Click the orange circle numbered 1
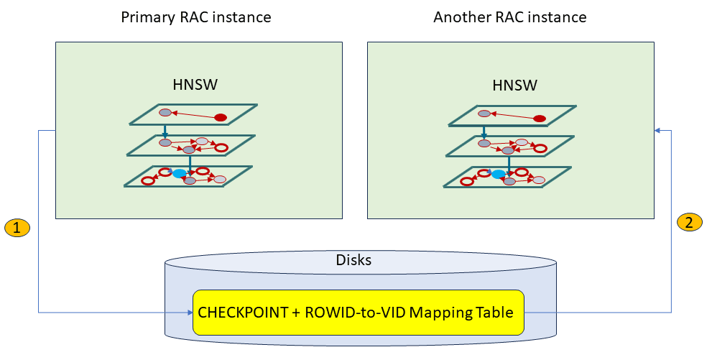pyautogui.click(x=17, y=229)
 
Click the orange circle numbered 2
pyautogui.click(x=689, y=223)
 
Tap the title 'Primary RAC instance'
pyautogui.click(x=195, y=17)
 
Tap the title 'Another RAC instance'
pyautogui.click(x=510, y=17)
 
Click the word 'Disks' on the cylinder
pyautogui.click(x=353, y=260)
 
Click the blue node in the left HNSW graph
pyautogui.click(x=178, y=173)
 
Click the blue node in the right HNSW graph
pyautogui.click(x=498, y=174)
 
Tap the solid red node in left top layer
pyautogui.click(x=221, y=117)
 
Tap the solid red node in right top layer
pyautogui.click(x=540, y=118)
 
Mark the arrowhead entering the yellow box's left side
pyautogui.click(x=190, y=313)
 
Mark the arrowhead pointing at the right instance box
pyautogui.click(x=657, y=130)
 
